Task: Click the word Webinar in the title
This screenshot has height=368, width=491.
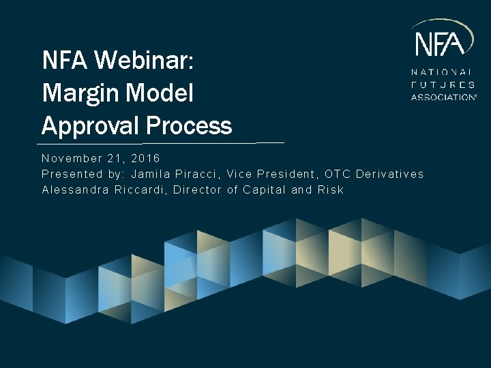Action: point(144,61)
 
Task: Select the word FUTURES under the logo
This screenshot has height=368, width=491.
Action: point(443,85)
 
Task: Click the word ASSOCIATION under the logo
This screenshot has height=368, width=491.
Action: point(443,97)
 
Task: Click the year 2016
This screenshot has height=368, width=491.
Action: point(145,158)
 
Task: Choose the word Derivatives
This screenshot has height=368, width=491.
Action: point(389,174)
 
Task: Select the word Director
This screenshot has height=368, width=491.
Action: point(196,189)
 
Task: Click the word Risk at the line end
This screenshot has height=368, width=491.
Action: point(331,189)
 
